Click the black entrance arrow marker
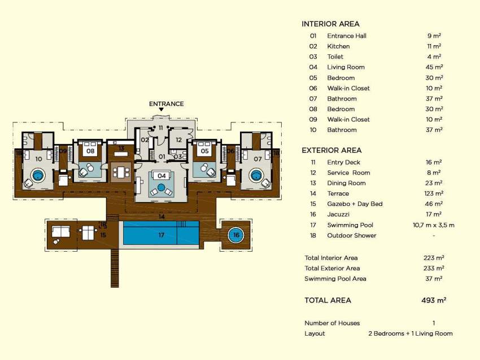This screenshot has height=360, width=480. click(161, 109)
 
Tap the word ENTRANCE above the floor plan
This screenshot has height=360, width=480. click(166, 104)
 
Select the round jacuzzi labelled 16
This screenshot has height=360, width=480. click(236, 235)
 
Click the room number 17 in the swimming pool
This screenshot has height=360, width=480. click(162, 235)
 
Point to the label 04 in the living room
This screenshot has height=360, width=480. click(162, 176)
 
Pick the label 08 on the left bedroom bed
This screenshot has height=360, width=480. click(90, 151)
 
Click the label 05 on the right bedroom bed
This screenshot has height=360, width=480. click(204, 151)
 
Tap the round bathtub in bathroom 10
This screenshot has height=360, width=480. click(38, 175)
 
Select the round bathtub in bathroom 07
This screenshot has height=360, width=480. click(256, 175)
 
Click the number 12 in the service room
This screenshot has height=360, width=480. click(179, 140)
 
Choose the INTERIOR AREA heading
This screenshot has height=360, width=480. click(330, 24)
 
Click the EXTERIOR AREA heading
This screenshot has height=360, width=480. click(331, 150)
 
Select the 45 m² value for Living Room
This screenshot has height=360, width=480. click(434, 67)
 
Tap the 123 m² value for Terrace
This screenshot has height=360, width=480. click(434, 194)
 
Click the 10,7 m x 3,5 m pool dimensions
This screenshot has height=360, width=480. click(434, 225)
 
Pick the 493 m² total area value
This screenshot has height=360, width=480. click(434, 300)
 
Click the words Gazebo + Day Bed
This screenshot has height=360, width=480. click(355, 204)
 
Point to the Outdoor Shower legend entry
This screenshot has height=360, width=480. click(351, 235)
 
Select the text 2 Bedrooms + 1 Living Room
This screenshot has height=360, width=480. click(410, 333)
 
